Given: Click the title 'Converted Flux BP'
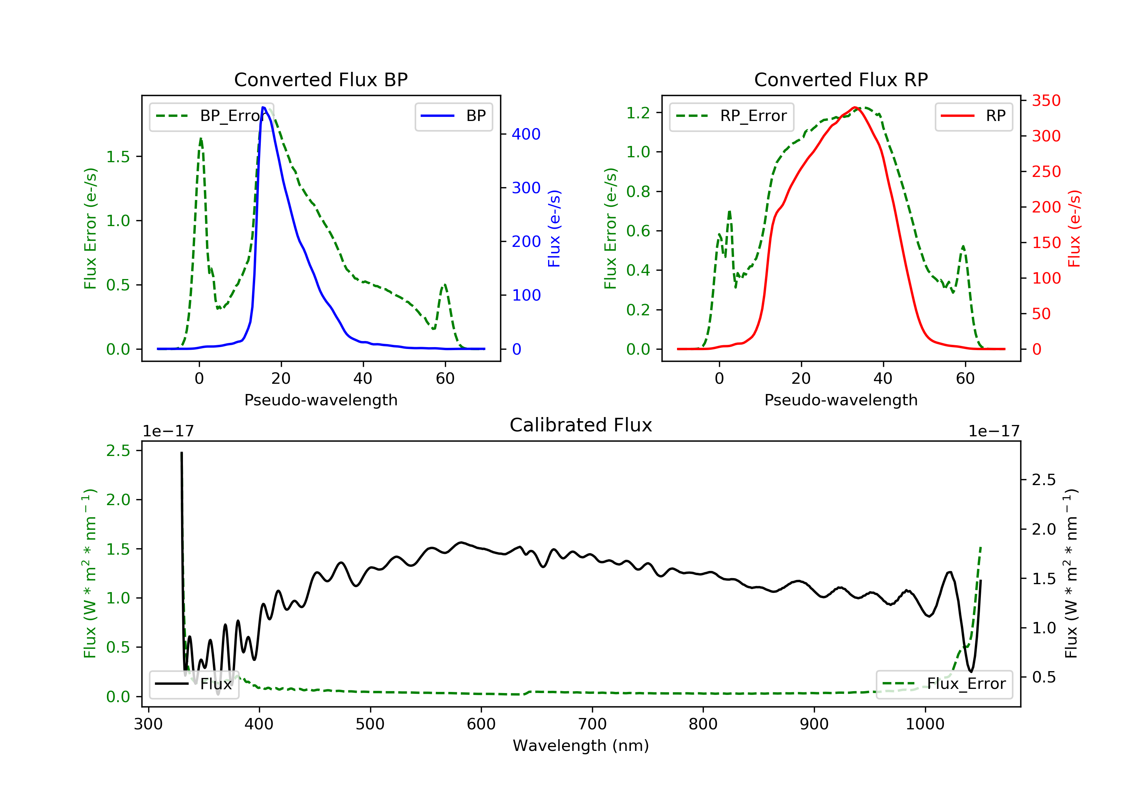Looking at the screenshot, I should (x=321, y=79).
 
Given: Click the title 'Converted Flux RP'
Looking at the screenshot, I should (x=841, y=79).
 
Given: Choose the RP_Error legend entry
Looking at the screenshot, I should (x=731, y=116).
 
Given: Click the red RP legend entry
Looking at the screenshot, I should (x=973, y=116).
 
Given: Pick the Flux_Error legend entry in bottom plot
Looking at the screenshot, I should (x=944, y=684).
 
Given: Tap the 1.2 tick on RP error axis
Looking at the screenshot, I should (x=638, y=113).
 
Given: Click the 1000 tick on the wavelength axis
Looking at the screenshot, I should (x=925, y=724).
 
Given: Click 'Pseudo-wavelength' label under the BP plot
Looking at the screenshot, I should (x=321, y=400).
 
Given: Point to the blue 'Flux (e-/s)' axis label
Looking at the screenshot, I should (x=554, y=229).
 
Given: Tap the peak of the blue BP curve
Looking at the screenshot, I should (x=263, y=107).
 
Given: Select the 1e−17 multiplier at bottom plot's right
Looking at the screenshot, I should (x=994, y=431).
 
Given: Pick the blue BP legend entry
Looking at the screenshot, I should (x=453, y=116).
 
